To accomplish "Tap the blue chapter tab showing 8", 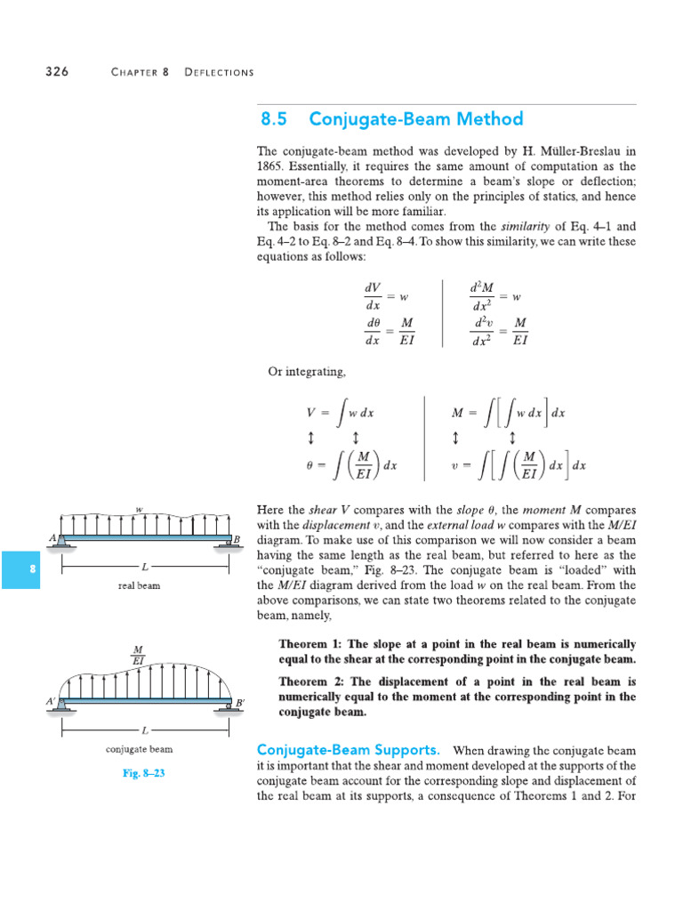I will click(x=32, y=569).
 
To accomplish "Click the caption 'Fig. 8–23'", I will click(x=144, y=773).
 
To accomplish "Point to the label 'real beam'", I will click(x=140, y=586).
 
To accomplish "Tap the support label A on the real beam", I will click(x=53, y=539).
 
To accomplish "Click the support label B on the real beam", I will click(x=237, y=540).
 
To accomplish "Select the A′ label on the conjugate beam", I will click(x=51, y=702).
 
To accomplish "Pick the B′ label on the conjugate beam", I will click(x=239, y=703).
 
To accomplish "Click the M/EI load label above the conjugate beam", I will click(x=139, y=655).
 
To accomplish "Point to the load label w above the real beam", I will click(x=139, y=509).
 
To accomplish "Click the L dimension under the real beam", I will click(x=144, y=566).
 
